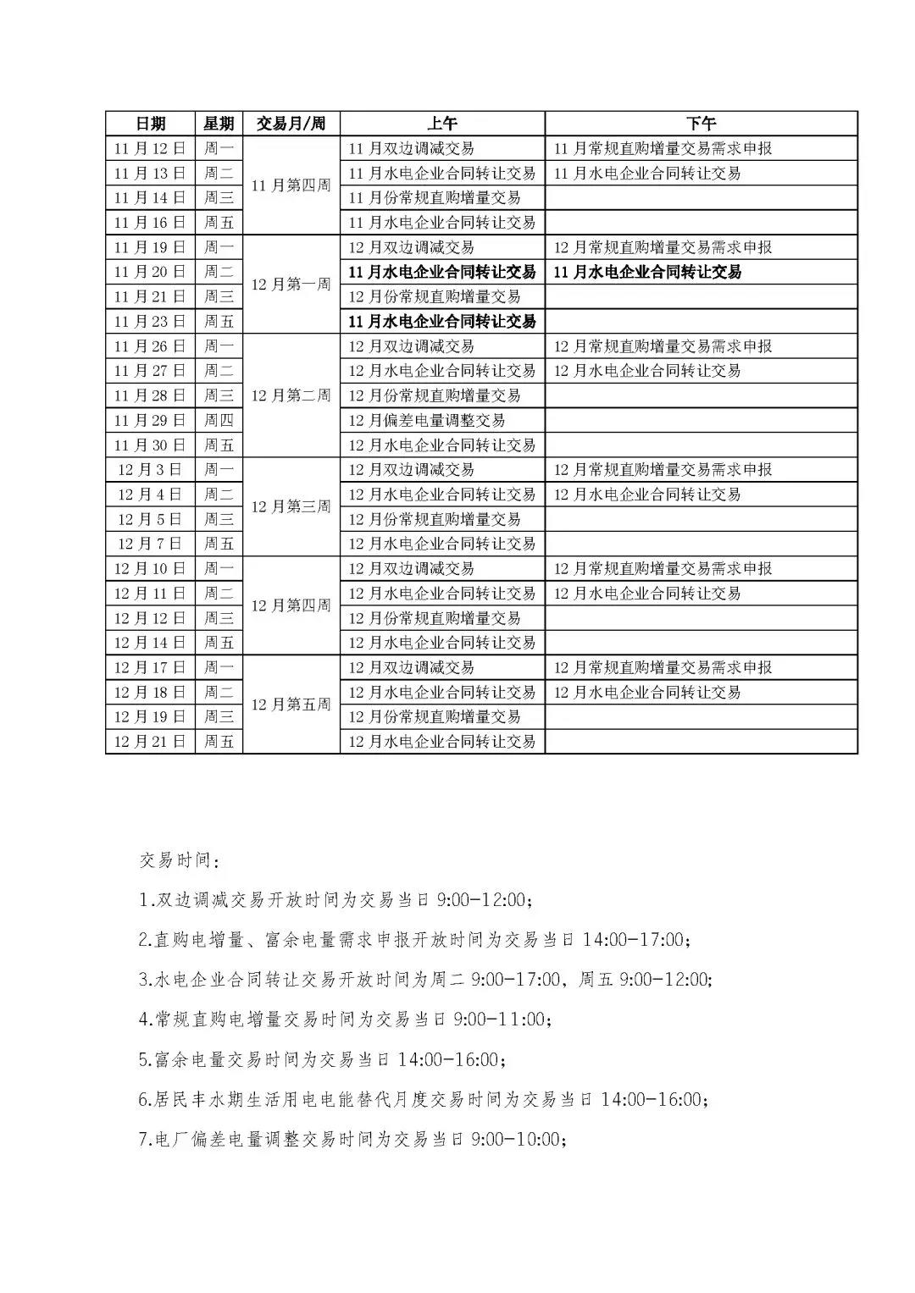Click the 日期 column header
tap(150, 124)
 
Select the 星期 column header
tap(219, 124)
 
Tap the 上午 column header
tap(441, 124)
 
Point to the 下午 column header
tap(701, 124)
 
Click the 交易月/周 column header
tap(291, 124)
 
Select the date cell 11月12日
tap(150, 148)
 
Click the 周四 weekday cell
tap(219, 420)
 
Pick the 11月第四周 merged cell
tap(291, 185)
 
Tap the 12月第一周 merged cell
tap(291, 285)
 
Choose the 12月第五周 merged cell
tap(291, 705)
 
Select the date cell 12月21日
tap(150, 742)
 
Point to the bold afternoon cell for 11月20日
tap(648, 272)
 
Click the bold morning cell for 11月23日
tap(442, 322)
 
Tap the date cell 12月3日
tap(150, 470)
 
